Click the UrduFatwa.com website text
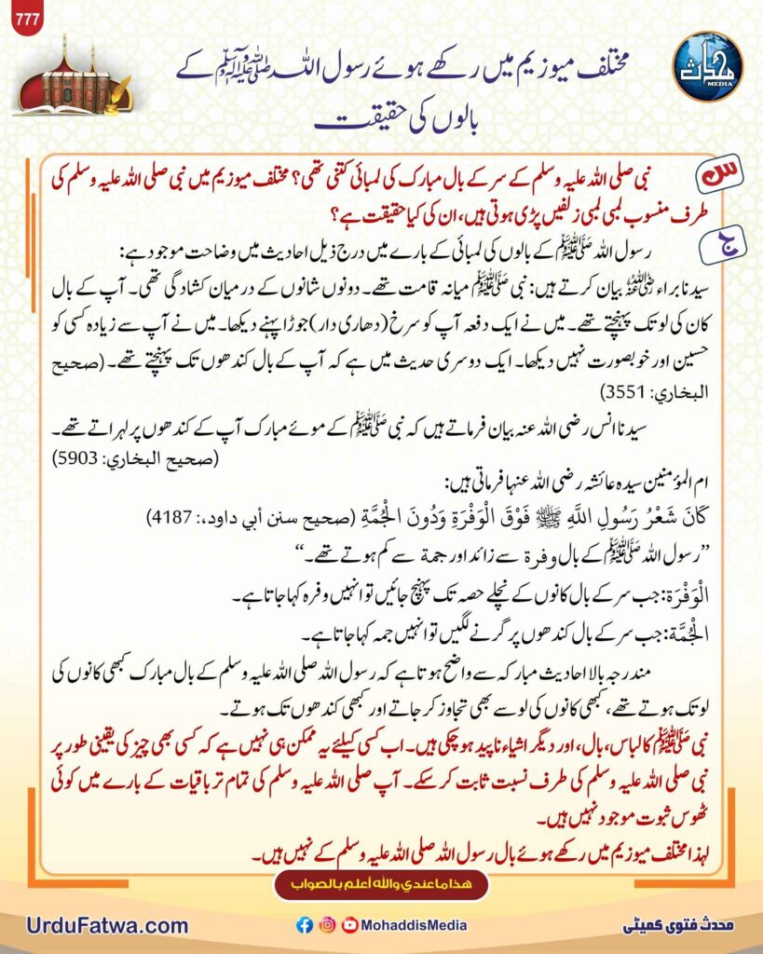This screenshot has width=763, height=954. coord(108,926)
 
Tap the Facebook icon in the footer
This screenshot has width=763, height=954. coord(304,925)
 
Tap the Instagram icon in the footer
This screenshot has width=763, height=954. coord(326,925)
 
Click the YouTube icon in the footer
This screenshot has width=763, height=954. coord(349,925)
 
